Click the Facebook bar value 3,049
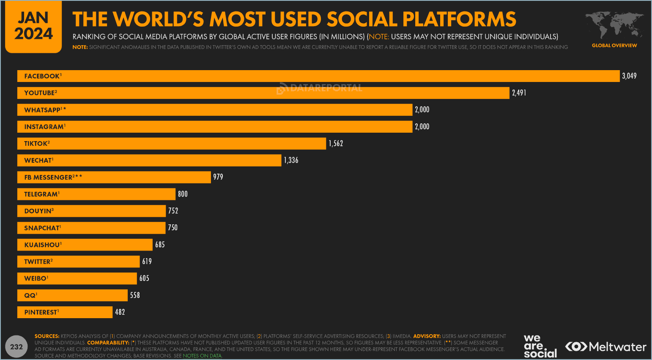click(629, 76)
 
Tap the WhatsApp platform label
click(45, 110)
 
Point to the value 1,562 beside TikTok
click(336, 144)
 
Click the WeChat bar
click(169, 161)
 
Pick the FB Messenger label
click(53, 177)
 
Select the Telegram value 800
click(183, 194)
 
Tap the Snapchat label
click(42, 228)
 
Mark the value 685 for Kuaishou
click(160, 245)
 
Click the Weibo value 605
click(144, 278)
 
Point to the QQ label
click(30, 295)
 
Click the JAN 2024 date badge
click(33, 26)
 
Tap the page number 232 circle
click(16, 347)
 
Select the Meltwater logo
click(606, 347)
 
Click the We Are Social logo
click(540, 346)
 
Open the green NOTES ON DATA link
click(202, 356)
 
